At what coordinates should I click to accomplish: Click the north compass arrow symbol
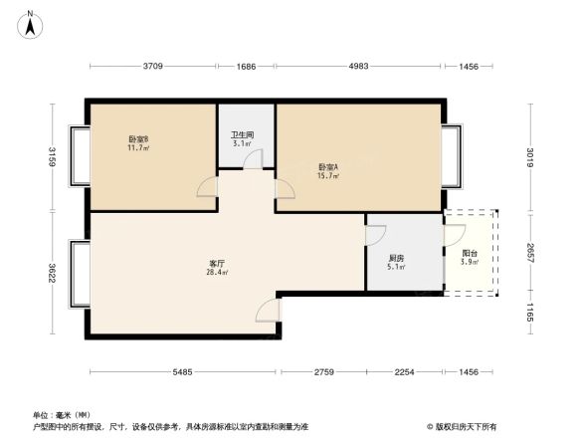click(33, 23)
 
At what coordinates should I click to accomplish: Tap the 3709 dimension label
click(152, 67)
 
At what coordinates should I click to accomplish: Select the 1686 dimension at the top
click(247, 67)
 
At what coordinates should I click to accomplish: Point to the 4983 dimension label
click(358, 67)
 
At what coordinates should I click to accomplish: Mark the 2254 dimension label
click(405, 372)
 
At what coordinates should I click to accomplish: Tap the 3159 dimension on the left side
click(53, 155)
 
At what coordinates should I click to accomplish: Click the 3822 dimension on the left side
click(53, 273)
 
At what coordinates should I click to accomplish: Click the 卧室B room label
click(138, 142)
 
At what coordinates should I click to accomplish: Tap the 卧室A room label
click(328, 170)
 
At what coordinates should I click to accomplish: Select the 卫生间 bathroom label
click(242, 138)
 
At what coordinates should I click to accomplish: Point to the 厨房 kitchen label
click(396, 261)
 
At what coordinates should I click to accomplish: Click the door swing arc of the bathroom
click(253, 160)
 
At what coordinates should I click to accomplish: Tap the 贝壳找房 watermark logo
click(466, 425)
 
